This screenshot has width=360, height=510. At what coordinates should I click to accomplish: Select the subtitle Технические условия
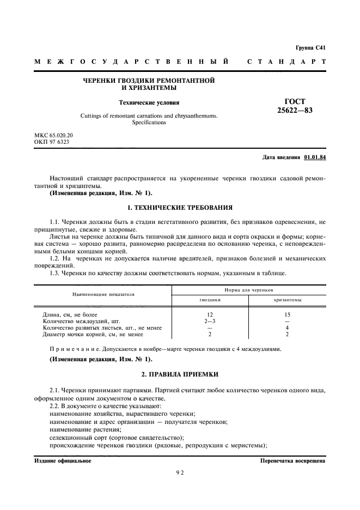149,102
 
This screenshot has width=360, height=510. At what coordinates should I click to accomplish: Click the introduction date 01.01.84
315,158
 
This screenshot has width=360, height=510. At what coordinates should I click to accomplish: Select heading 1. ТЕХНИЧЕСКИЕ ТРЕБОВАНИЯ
180,208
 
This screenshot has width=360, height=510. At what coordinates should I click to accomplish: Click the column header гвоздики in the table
210,300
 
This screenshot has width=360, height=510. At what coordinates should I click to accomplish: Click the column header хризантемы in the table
287,300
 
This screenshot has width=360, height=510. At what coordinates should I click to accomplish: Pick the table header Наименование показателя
103,294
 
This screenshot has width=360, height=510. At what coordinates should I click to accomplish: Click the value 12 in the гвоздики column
210,315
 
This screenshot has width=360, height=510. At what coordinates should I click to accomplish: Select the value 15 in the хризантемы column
287,315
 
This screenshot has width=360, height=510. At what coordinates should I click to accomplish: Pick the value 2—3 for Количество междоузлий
210,321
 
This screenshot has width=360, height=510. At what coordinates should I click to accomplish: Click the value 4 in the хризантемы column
287,328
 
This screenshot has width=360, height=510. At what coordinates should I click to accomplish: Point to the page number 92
180,473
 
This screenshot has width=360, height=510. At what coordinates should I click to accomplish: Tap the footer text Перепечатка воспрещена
293,461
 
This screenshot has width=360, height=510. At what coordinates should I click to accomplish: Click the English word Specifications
149,123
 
